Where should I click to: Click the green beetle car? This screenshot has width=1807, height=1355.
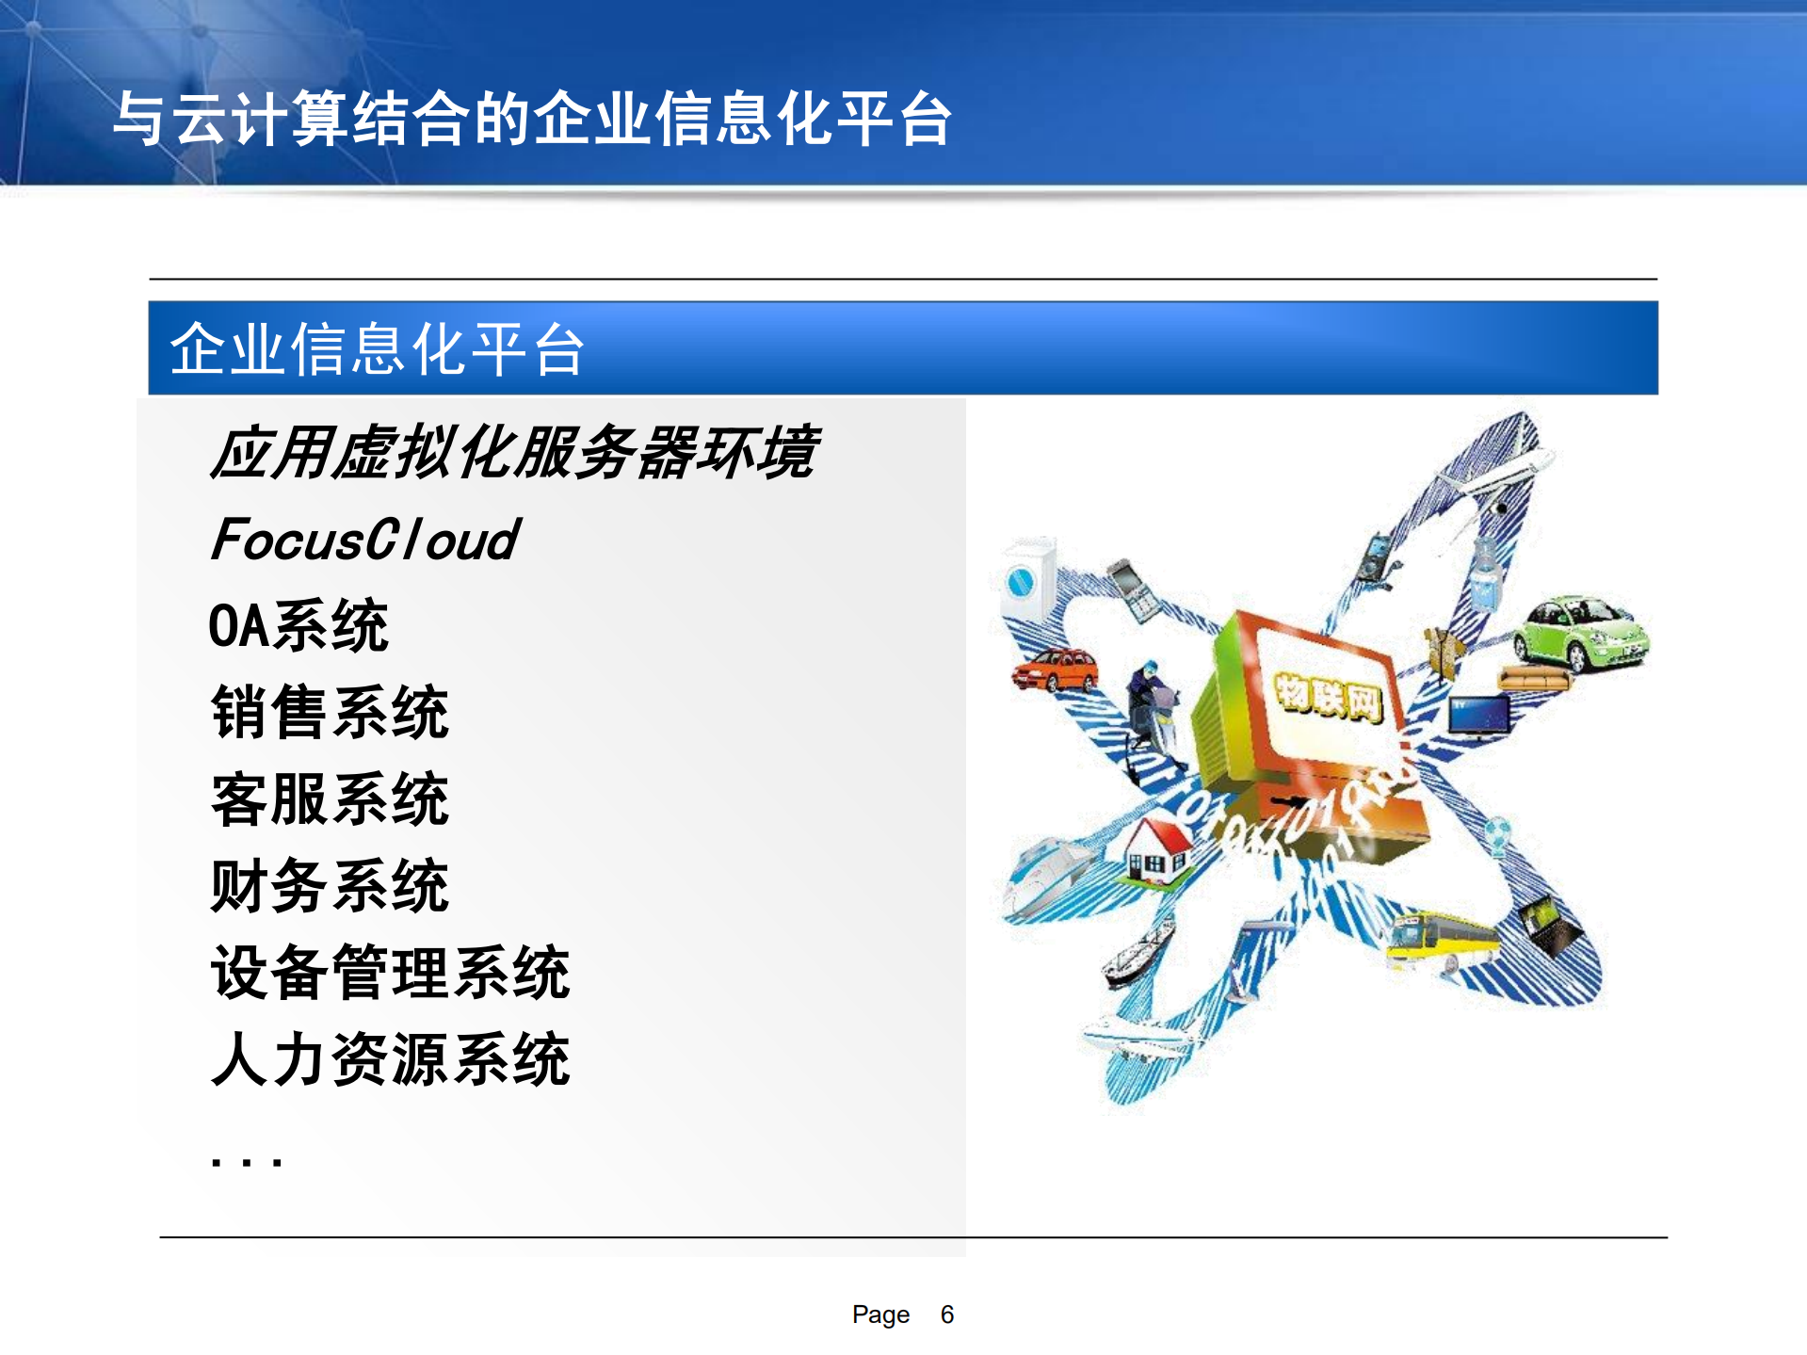tap(1581, 632)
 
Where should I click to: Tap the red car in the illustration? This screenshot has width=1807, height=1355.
tap(1055, 669)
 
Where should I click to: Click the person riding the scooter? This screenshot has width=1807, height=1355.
tap(1153, 702)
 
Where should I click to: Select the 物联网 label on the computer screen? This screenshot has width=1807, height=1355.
tap(1329, 698)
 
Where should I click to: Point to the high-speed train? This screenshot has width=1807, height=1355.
tap(1045, 876)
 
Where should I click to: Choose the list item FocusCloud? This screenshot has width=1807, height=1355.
tap(365, 540)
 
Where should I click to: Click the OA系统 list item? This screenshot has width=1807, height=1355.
tap(298, 625)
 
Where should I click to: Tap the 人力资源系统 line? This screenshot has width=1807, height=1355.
tap(390, 1059)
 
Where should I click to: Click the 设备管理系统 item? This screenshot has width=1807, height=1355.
tap(390, 972)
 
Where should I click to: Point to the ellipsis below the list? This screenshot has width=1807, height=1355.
tap(246, 1161)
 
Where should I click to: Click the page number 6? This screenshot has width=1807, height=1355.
tap(946, 1315)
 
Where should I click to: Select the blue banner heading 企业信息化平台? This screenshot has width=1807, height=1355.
tap(377, 348)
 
